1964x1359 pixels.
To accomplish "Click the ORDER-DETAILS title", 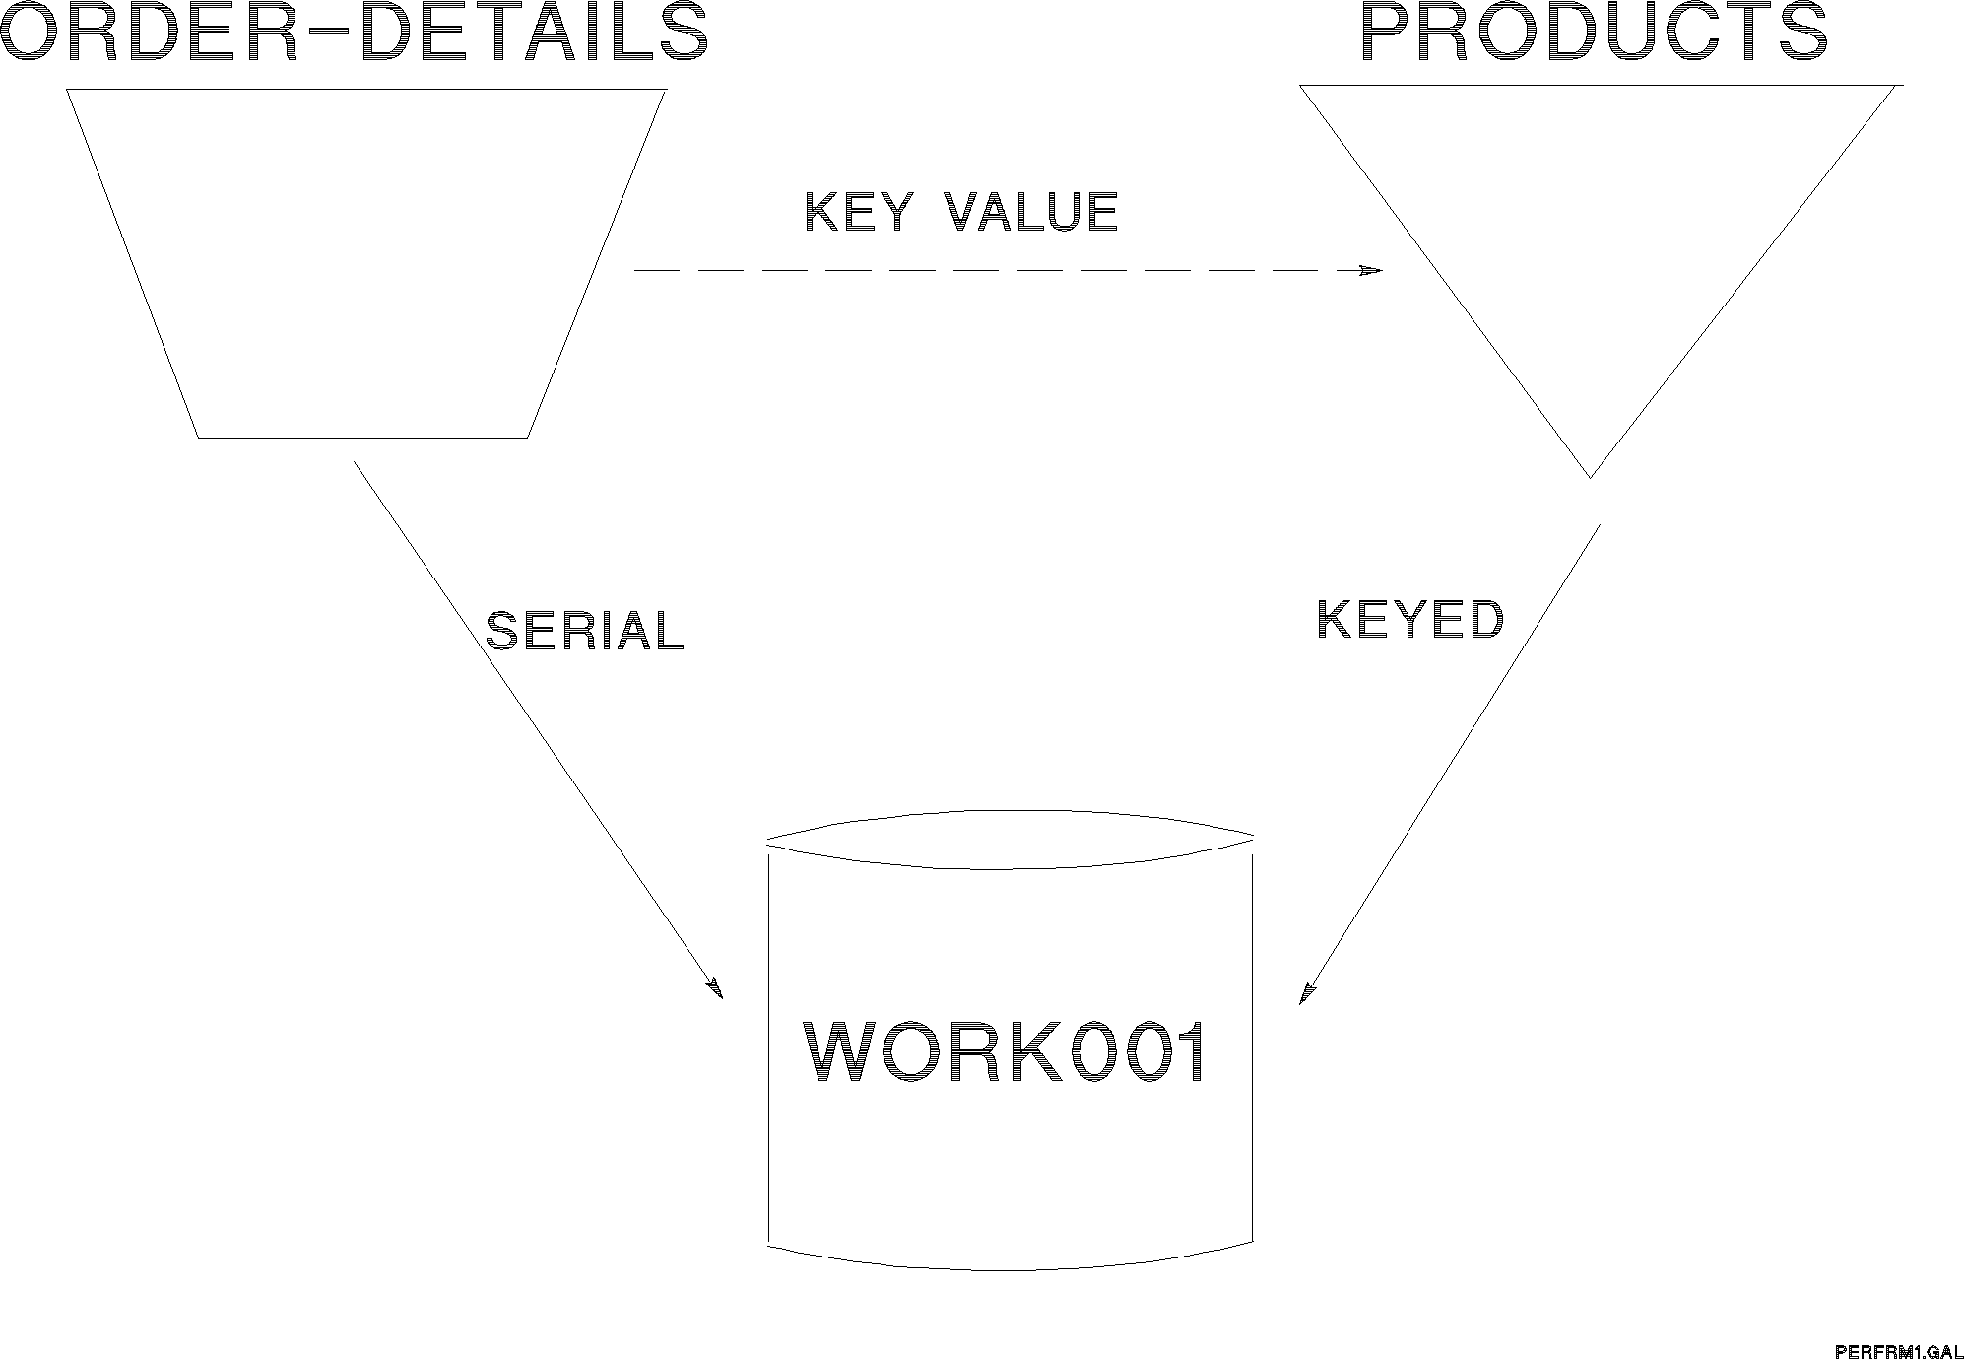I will coord(355,33).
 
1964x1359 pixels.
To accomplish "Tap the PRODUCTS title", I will coord(1594,33).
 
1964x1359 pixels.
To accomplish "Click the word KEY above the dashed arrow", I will coord(857,212).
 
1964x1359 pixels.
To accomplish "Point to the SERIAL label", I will coord(585,631).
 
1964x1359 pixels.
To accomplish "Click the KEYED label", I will coord(1410,620).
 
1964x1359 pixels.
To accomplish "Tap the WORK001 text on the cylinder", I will coord(1007,1053).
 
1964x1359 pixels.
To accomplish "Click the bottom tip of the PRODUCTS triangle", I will coord(1590,477).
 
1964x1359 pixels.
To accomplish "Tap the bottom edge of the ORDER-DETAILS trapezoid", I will coord(362,437).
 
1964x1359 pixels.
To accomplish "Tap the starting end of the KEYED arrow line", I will coord(1598,526).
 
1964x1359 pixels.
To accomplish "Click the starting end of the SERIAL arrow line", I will coord(356,462).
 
